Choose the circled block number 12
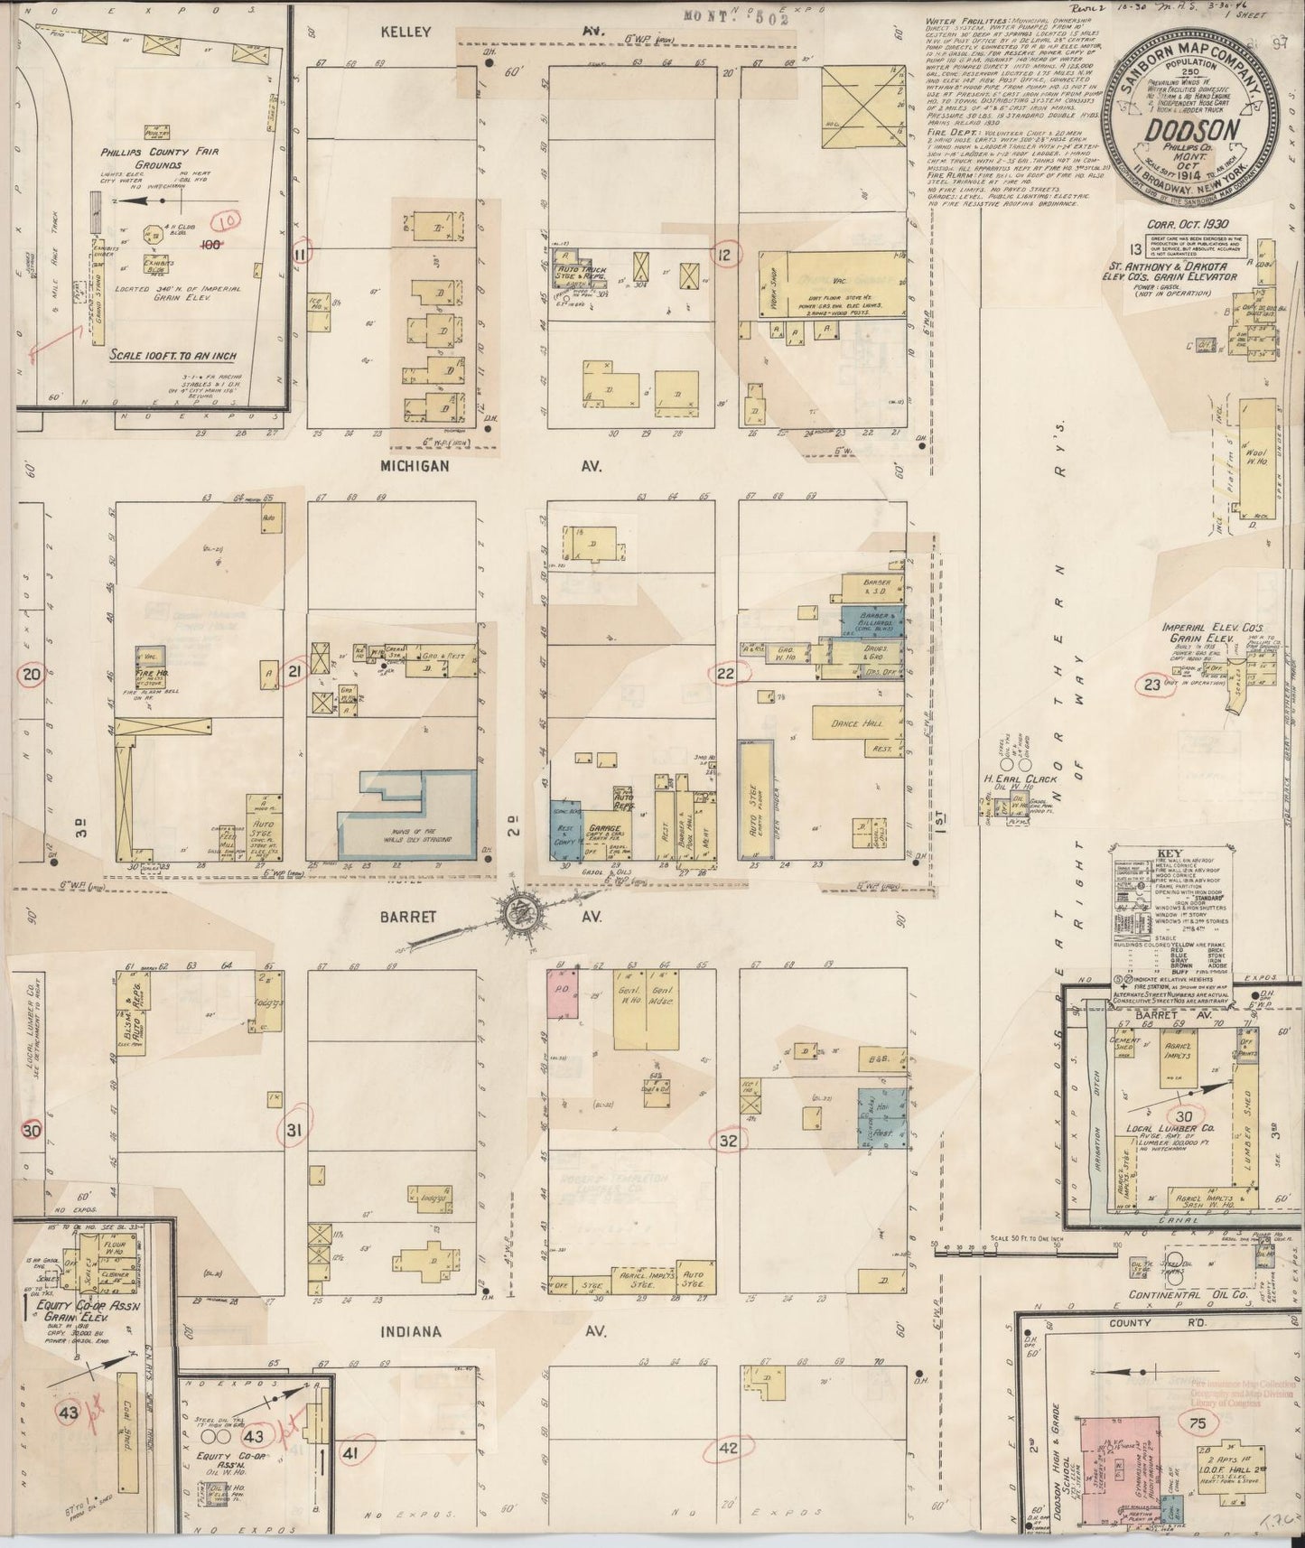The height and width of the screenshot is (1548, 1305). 724,256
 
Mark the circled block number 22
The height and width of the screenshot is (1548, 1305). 725,672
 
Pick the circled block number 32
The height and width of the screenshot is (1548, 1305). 729,1141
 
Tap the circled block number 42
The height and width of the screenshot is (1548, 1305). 729,1450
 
